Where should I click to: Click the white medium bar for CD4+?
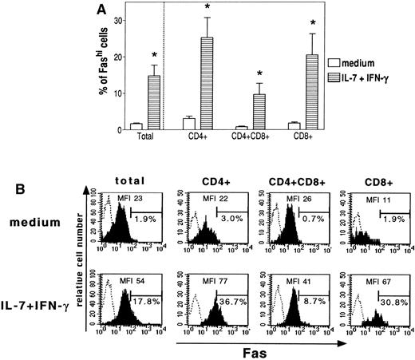189,124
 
